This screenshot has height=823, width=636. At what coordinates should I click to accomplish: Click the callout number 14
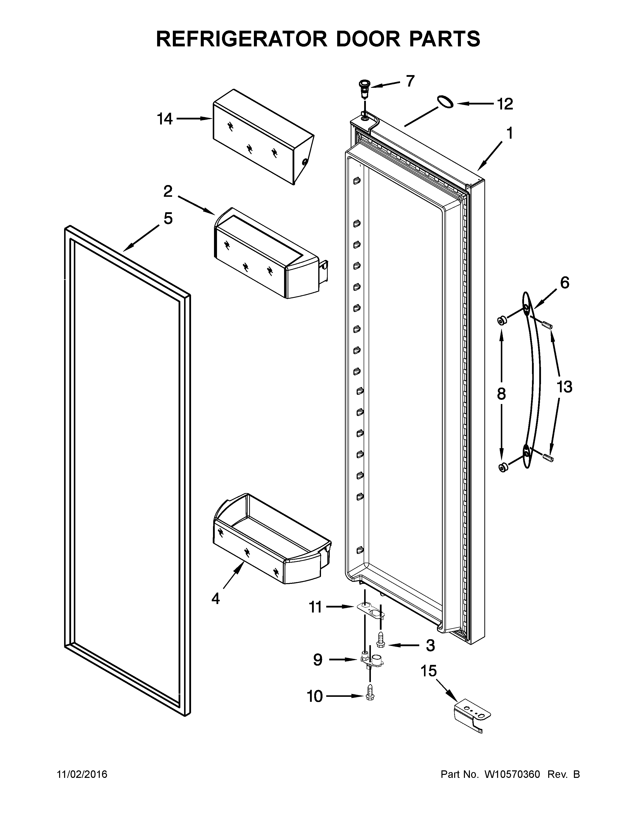pyautogui.click(x=165, y=119)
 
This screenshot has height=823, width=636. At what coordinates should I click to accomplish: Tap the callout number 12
pyautogui.click(x=505, y=104)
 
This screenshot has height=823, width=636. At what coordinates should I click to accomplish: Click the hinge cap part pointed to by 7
pyautogui.click(x=365, y=87)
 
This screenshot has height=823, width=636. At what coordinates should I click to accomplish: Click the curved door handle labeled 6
pyautogui.click(x=532, y=381)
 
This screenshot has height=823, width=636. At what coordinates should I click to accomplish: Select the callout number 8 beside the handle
pyautogui.click(x=501, y=394)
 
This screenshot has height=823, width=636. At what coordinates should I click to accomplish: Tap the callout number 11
pyautogui.click(x=315, y=607)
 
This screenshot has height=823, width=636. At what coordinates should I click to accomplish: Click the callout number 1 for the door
pyautogui.click(x=509, y=133)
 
